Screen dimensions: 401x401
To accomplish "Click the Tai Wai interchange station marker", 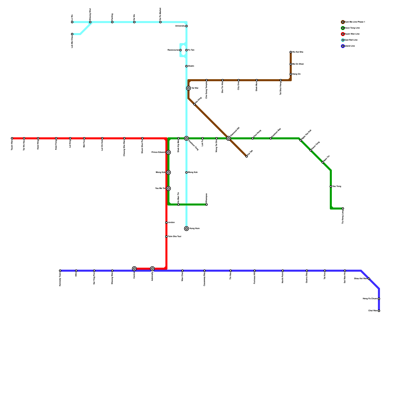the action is pos(188,88).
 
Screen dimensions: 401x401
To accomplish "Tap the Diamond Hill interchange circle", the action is pos(229,138).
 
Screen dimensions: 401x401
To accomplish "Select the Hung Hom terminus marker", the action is pos(186,229).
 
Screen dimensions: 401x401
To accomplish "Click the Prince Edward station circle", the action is pos(168,152).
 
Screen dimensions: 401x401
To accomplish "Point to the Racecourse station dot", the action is pos(180,50).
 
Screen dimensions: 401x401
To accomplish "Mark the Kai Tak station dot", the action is pos(247,156).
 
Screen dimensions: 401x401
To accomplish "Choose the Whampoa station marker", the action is pos(207,205).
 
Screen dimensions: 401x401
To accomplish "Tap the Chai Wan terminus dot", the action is pos(379,311).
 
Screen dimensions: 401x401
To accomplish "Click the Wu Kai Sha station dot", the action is pos(291,52).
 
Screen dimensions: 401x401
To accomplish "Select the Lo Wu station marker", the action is pos(72,22).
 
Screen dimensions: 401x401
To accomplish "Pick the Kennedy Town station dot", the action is pos(60,271).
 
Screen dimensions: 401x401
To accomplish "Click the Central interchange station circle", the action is pos(134,269).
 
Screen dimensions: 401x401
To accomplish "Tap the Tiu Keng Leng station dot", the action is pos(343,209).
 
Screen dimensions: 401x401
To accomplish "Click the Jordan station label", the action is pos(171,223).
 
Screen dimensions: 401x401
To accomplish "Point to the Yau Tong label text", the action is pos(337,186).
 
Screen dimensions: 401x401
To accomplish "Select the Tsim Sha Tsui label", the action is pos(174,237).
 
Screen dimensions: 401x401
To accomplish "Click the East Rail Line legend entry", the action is pos(351,40).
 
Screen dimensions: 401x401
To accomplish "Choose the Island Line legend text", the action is pos(350,46).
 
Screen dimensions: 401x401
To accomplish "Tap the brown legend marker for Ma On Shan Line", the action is pos(343,22).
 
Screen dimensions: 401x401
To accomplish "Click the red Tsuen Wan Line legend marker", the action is pos(343,34).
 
